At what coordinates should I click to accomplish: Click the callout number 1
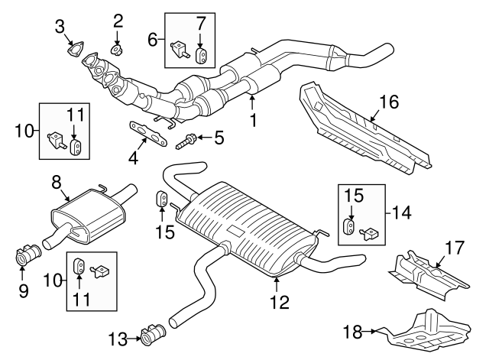click(253, 121)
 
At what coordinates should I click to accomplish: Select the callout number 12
click(280, 302)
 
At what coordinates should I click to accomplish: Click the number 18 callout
click(352, 332)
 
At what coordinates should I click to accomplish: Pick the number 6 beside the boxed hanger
click(153, 39)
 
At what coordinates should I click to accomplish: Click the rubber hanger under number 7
click(202, 56)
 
